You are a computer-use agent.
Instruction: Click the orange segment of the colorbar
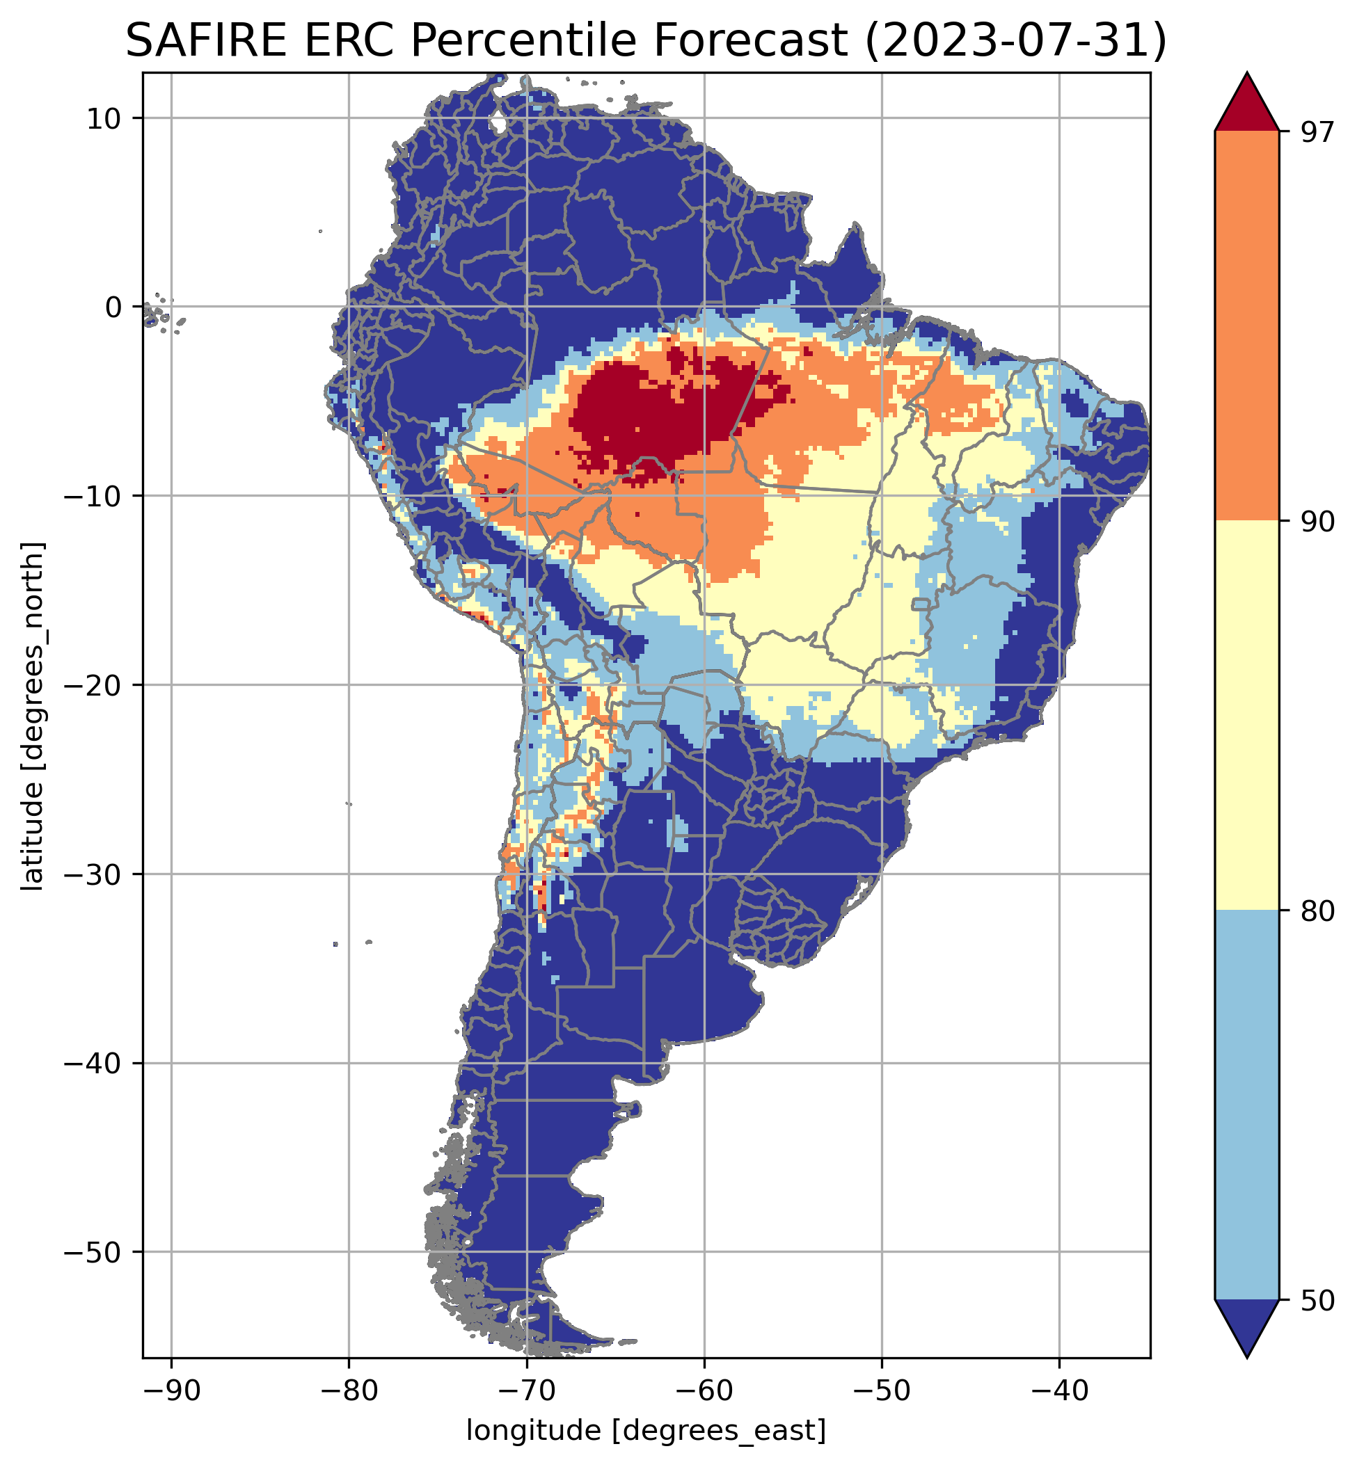[1247, 326]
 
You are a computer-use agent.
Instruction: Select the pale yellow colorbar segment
[1247, 716]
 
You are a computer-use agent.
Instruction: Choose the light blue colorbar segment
[1247, 1105]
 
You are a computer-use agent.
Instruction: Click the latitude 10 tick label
[104, 118]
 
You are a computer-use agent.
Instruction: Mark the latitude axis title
[32, 716]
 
